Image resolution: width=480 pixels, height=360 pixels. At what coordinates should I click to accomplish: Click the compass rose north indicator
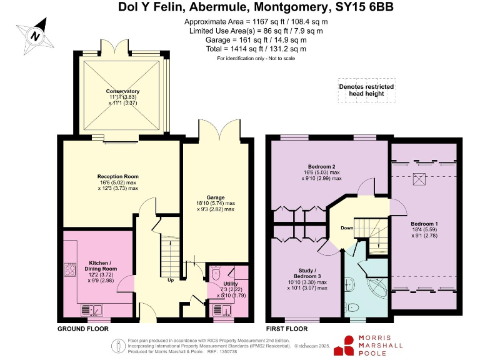(x=36, y=36)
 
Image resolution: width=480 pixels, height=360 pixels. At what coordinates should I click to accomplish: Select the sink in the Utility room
(x=222, y=309)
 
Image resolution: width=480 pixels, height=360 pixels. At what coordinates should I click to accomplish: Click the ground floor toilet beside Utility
(x=216, y=273)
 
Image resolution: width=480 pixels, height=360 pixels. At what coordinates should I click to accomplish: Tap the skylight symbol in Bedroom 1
(x=420, y=180)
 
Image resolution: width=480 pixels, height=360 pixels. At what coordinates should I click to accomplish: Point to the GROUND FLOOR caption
(x=83, y=329)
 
